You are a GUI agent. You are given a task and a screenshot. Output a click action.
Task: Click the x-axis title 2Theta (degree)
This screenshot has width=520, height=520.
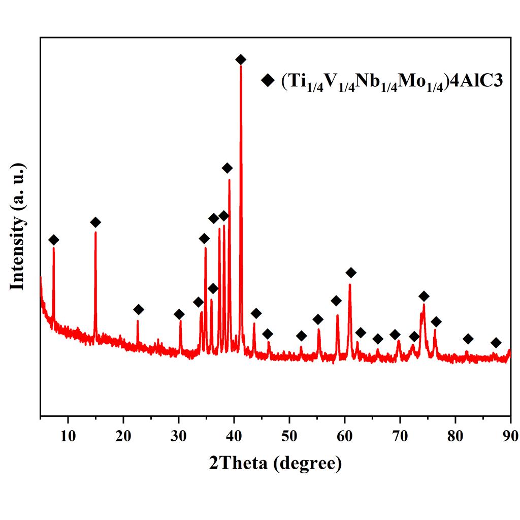click(275, 463)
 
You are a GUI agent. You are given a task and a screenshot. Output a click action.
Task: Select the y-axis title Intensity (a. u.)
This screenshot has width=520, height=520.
click(18, 226)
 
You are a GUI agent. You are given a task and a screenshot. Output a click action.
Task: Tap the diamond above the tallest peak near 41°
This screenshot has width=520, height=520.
click(241, 60)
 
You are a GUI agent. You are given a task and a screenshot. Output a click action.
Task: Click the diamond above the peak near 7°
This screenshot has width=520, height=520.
click(53, 240)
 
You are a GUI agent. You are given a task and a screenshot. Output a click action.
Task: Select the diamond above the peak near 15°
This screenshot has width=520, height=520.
click(95, 222)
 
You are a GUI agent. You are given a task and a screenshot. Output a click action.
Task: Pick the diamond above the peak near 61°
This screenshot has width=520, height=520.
click(350, 273)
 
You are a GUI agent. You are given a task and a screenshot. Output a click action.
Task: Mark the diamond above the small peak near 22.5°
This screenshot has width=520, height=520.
click(138, 310)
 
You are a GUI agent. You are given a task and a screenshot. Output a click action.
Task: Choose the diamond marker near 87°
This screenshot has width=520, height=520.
click(496, 343)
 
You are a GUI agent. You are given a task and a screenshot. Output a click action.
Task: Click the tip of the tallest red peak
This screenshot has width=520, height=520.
click(241, 66)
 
